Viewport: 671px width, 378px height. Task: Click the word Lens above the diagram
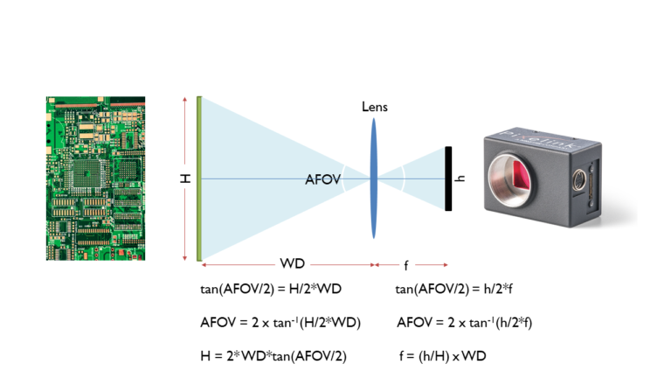click(375, 107)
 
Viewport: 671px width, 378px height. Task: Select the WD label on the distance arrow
click(292, 263)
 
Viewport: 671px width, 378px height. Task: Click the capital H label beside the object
click(185, 178)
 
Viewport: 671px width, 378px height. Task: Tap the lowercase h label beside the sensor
click(461, 179)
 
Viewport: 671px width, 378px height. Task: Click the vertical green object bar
click(200, 178)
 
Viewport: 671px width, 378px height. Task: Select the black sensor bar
click(448, 179)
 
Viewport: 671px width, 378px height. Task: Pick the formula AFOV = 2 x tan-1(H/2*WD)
click(280, 322)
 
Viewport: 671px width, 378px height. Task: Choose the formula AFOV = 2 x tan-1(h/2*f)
click(465, 322)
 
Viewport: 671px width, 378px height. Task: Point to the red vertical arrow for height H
click(185, 219)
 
